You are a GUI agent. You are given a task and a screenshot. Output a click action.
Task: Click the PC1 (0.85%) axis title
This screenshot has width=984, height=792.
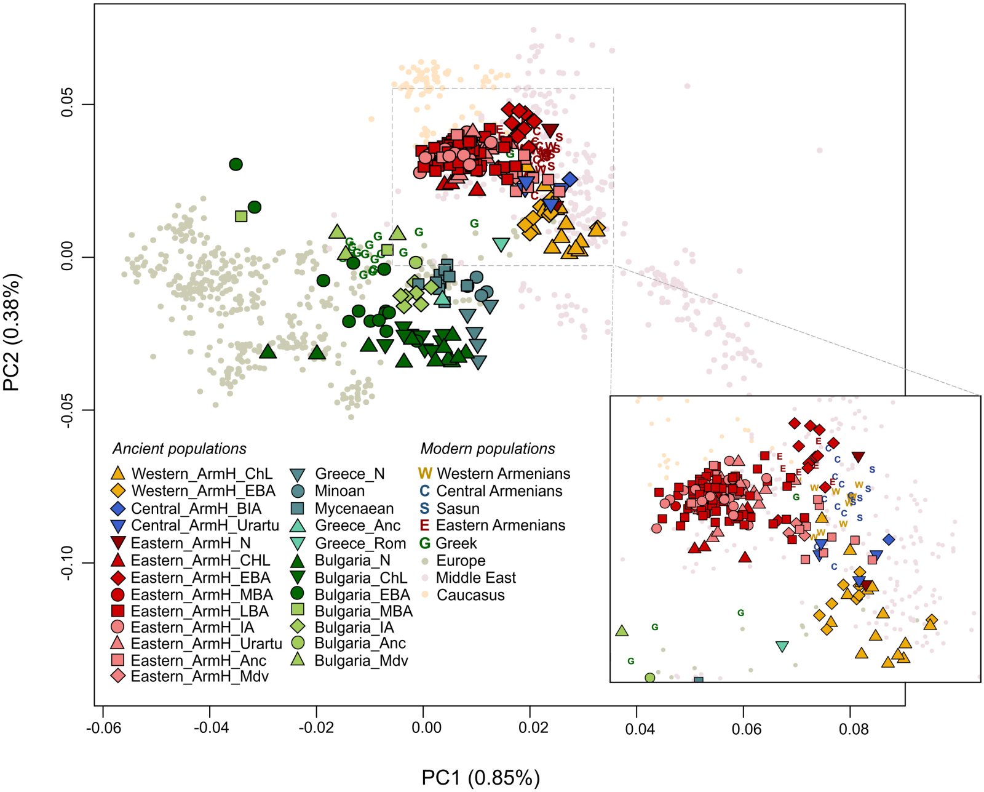(x=480, y=777)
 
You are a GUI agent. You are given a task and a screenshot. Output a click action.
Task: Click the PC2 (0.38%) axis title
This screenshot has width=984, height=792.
(x=12, y=332)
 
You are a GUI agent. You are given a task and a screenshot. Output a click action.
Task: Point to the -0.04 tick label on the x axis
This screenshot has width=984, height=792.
(x=209, y=727)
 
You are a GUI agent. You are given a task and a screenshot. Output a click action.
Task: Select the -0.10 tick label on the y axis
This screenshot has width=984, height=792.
(x=67, y=563)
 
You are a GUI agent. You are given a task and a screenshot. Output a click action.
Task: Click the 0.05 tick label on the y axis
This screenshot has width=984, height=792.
(x=67, y=104)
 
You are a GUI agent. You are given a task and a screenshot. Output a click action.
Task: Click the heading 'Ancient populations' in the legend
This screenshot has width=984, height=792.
(x=179, y=449)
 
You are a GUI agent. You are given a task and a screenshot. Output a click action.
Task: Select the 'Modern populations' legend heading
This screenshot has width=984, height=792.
(x=488, y=449)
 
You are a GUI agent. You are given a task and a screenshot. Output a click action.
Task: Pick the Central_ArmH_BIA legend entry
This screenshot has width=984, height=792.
(x=188, y=508)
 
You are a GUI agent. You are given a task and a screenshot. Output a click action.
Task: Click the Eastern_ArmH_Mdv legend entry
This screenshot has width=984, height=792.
(x=190, y=676)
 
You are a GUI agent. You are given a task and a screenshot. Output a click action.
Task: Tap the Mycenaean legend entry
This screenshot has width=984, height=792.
(x=343, y=508)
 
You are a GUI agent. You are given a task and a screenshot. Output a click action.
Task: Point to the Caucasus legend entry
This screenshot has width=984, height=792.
(x=462, y=595)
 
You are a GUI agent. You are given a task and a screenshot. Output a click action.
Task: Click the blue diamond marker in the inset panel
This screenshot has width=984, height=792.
(x=889, y=540)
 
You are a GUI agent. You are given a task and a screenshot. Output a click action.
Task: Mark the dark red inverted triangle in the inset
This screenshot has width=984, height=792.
(x=858, y=457)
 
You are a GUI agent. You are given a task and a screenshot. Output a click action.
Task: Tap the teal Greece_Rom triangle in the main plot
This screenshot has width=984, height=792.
(x=501, y=244)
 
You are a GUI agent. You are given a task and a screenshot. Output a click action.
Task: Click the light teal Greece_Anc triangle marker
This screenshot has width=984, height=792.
(x=442, y=298)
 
